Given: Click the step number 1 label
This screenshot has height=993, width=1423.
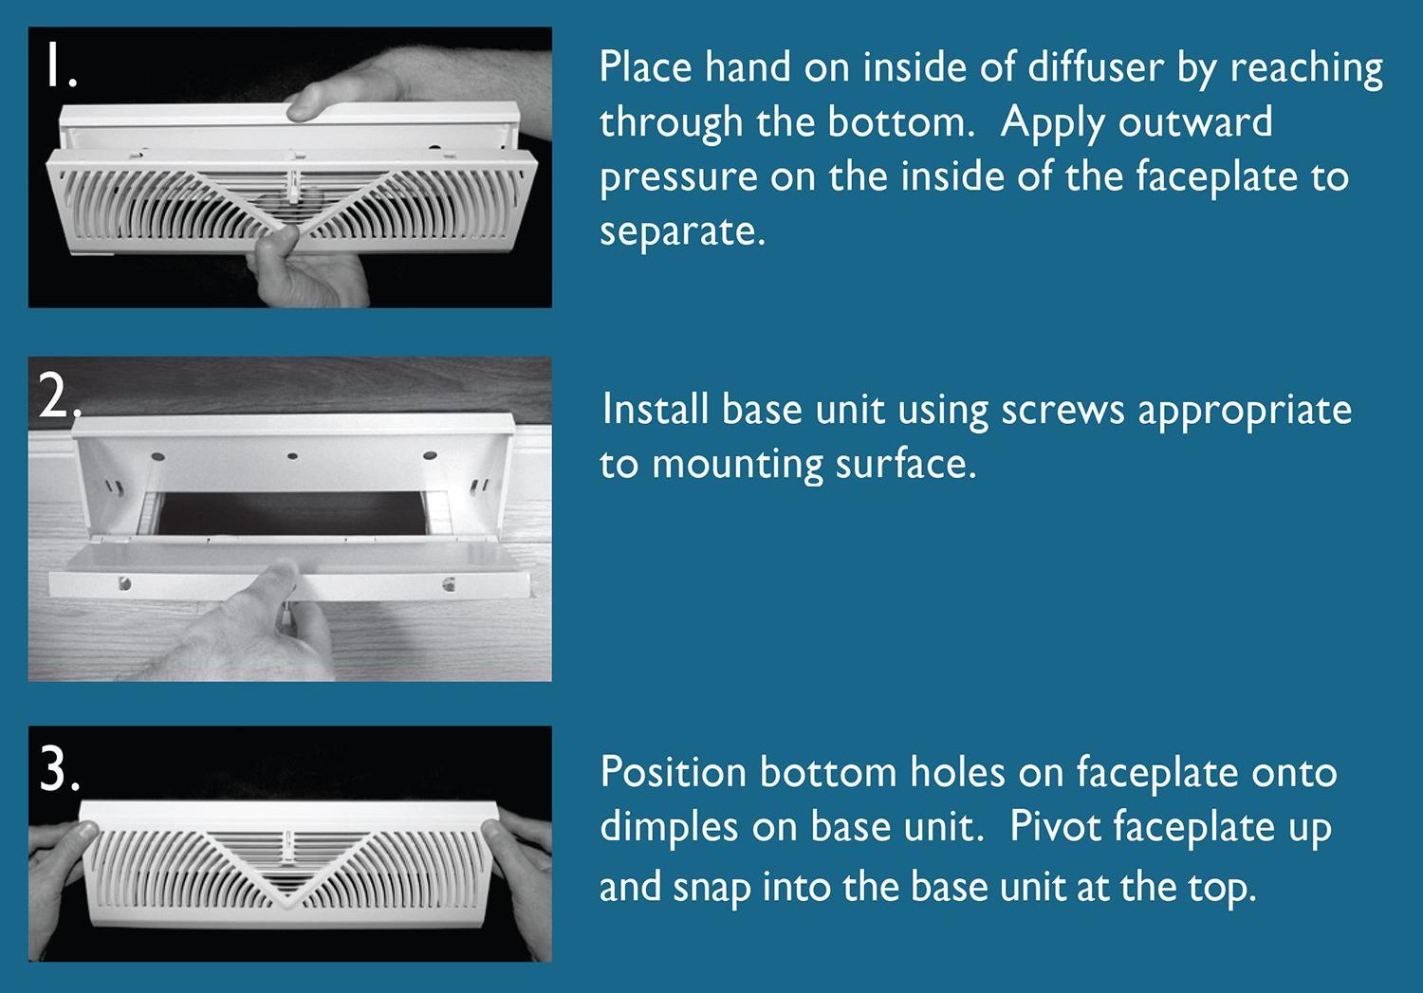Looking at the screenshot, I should pyautogui.click(x=59, y=68).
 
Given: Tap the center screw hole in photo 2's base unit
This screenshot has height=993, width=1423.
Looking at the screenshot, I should pyautogui.click(x=292, y=456).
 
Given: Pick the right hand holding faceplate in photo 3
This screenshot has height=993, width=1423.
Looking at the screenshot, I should pyautogui.click(x=517, y=849).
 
